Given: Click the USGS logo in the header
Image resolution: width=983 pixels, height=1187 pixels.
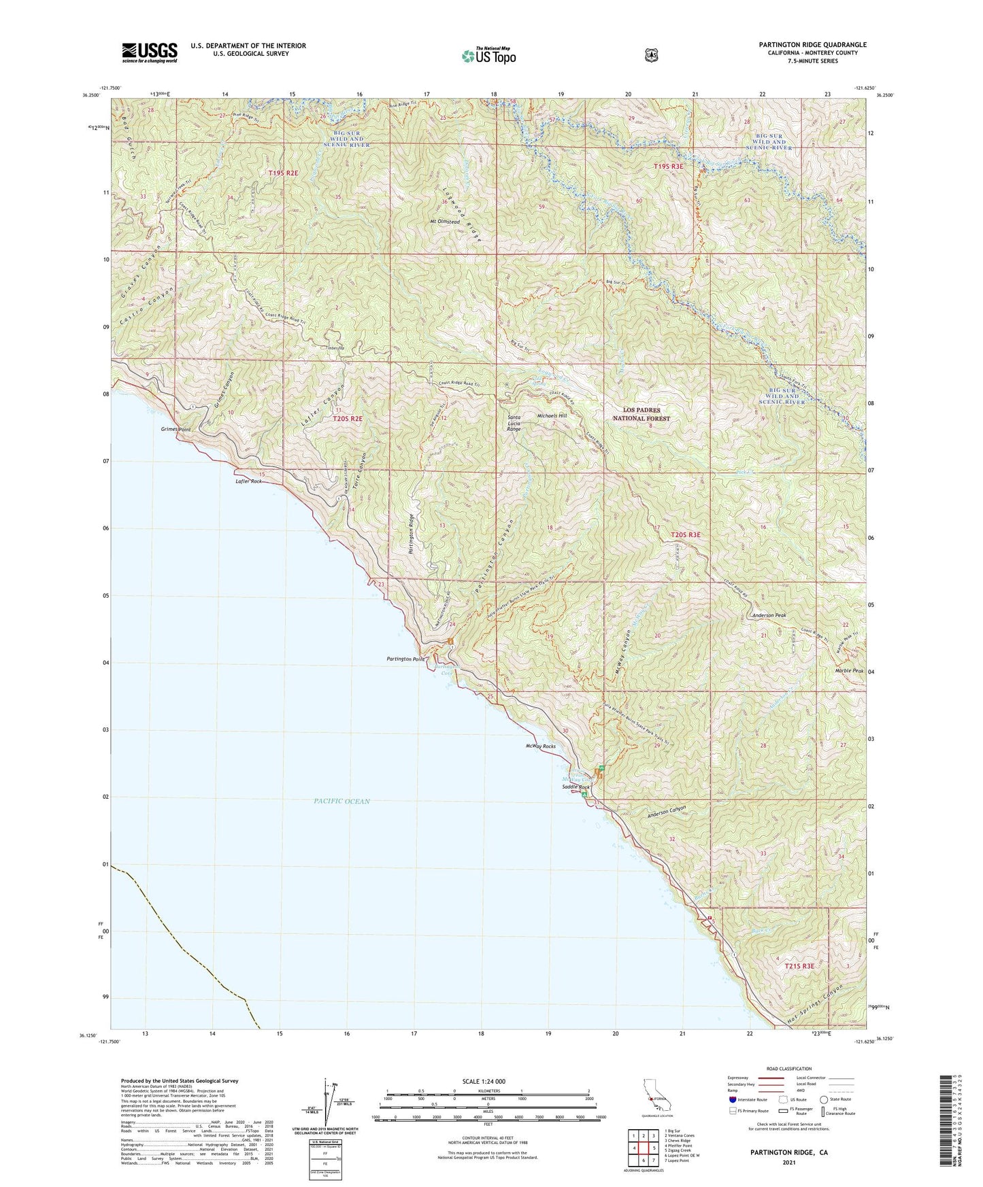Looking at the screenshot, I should (x=150, y=52).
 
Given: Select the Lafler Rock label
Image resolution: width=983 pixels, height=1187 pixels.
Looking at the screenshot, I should (x=248, y=481).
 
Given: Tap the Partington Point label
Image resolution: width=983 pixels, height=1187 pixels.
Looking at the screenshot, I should (x=405, y=659).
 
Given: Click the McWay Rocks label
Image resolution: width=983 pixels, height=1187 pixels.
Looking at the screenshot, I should (x=540, y=746).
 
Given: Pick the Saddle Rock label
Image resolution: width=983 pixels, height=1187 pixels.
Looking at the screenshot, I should (x=576, y=787).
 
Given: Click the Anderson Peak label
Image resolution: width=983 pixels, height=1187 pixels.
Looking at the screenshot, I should (x=769, y=615).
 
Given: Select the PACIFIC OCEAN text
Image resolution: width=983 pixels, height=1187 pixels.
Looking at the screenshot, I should (x=342, y=802).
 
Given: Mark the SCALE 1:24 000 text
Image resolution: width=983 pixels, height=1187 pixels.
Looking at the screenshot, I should (x=488, y=1081).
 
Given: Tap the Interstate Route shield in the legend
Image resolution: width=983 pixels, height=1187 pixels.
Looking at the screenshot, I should (x=733, y=1099).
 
